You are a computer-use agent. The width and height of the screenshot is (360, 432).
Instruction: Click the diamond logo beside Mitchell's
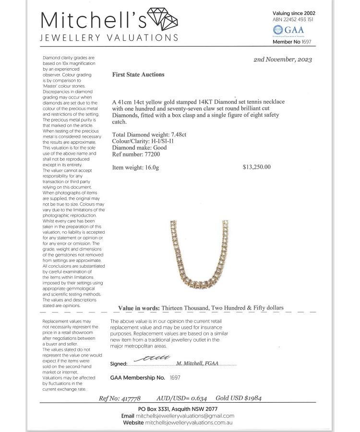[162, 20]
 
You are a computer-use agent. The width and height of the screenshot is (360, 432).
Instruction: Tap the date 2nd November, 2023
[282, 60]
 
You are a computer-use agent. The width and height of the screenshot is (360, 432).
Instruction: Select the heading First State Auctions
[138, 75]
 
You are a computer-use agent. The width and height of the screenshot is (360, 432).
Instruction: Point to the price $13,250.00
[257, 167]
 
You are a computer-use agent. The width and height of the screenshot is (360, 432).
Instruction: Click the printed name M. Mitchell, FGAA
[198, 363]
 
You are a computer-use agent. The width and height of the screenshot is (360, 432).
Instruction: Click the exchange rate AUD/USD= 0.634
[181, 398]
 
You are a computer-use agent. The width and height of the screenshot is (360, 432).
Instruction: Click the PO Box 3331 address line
[178, 409]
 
